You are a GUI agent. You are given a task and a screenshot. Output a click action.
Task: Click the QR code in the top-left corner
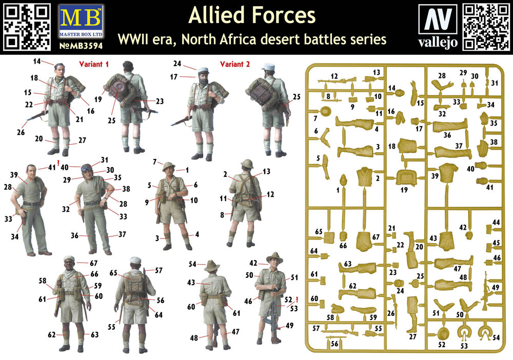(27, 27)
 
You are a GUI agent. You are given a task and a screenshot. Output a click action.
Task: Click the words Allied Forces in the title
(251, 16)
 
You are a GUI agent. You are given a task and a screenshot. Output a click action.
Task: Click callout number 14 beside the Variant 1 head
(36, 62)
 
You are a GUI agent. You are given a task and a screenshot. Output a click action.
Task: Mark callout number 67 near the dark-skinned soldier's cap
(93, 263)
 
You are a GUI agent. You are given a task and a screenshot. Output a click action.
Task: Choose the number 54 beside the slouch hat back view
(192, 264)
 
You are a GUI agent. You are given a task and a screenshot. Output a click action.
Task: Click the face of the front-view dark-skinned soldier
(69, 267)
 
